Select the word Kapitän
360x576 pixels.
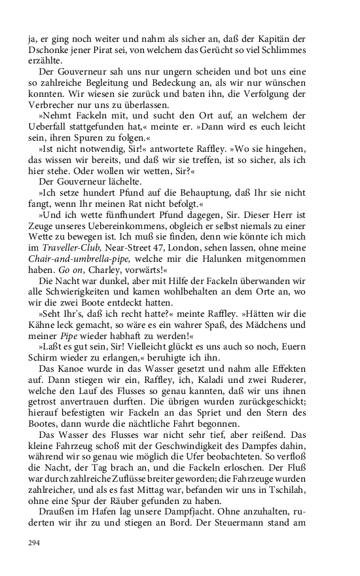297,38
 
